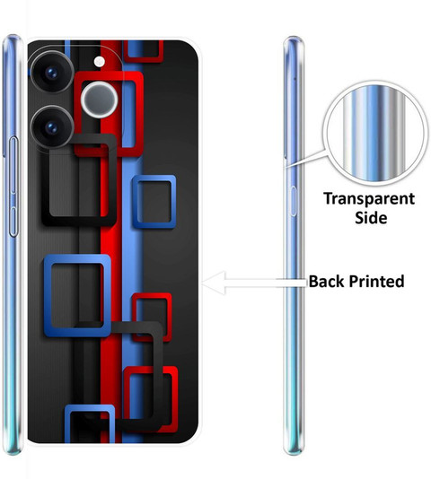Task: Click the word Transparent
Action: tap(369, 199)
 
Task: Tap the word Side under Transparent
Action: tap(371, 218)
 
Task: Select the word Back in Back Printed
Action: tap(326, 281)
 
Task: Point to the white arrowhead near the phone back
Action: tap(215, 283)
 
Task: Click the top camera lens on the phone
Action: tap(52, 73)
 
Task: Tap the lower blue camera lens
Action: tap(52, 127)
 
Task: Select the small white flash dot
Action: tap(100, 62)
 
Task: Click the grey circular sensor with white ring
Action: tap(100, 100)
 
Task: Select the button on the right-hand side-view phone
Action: tap(293, 201)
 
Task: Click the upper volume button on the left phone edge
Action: tap(13, 166)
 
